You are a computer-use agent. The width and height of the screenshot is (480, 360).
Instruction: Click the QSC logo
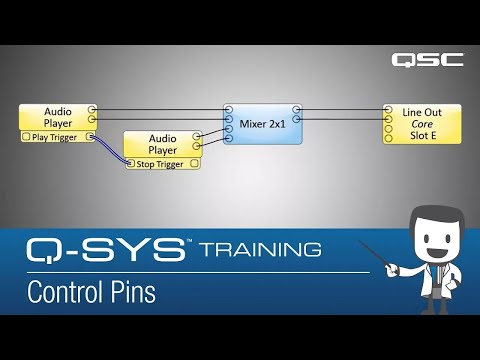(x=427, y=59)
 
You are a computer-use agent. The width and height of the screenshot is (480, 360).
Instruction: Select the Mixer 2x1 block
(x=263, y=124)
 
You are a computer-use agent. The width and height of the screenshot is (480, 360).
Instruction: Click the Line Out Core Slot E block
(x=424, y=124)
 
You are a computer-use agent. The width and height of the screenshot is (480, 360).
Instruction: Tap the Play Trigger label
(x=55, y=136)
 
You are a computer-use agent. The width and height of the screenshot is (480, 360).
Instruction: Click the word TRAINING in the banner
(x=260, y=249)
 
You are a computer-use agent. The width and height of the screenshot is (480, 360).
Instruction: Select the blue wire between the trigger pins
(x=110, y=150)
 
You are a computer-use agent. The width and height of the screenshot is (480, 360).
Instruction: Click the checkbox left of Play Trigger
(x=26, y=136)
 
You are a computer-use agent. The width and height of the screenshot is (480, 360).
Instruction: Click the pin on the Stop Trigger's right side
(x=195, y=162)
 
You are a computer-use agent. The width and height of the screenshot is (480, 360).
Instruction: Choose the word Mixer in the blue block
(x=254, y=124)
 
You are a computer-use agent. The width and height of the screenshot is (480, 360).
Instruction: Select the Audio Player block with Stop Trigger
(x=161, y=144)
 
